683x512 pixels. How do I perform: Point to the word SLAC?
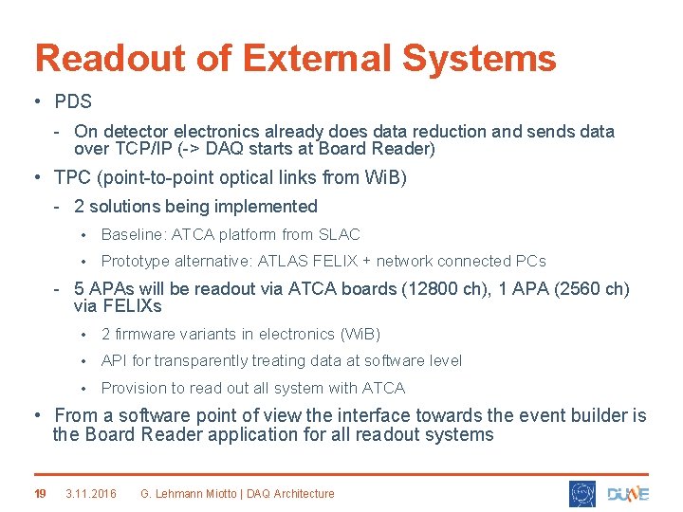[340, 234]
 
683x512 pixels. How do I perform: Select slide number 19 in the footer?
[40, 493]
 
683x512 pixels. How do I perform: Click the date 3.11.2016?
[91, 493]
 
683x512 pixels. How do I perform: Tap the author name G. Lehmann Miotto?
[194, 493]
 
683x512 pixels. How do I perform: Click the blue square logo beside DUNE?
[582, 493]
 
